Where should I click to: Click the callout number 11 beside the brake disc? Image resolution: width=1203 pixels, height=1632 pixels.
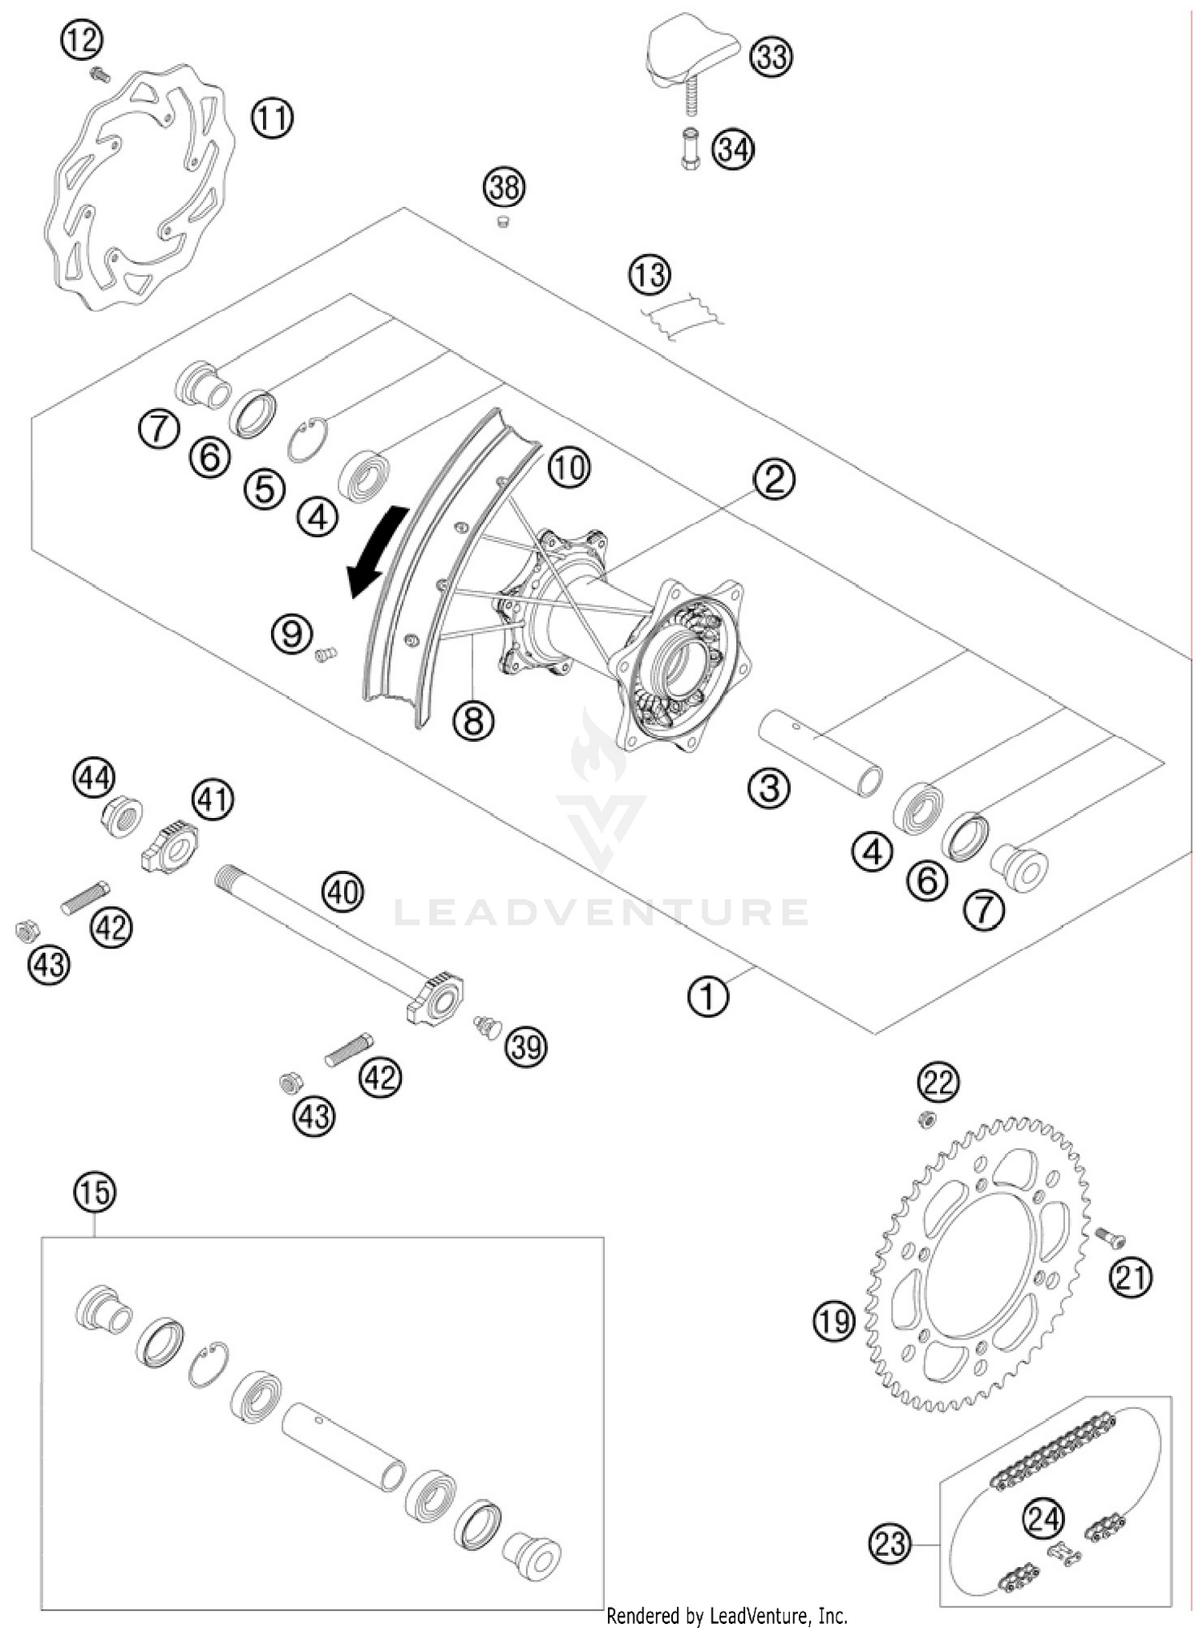tap(272, 119)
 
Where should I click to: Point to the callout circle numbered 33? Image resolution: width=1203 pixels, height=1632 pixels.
tap(771, 57)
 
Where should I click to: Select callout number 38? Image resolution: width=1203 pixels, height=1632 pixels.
tap(504, 188)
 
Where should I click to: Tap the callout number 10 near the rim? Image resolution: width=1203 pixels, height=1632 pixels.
tap(569, 467)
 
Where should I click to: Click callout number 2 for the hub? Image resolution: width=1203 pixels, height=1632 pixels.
tap(773, 479)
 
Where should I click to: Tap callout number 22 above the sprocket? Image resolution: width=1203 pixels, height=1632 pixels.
tap(938, 1083)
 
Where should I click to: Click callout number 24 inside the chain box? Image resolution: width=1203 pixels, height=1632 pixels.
tap(1043, 1518)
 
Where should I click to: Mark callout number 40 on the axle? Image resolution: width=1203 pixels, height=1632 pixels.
tap(342, 891)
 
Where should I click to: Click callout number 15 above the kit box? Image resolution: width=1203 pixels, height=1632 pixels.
tap(95, 1192)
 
